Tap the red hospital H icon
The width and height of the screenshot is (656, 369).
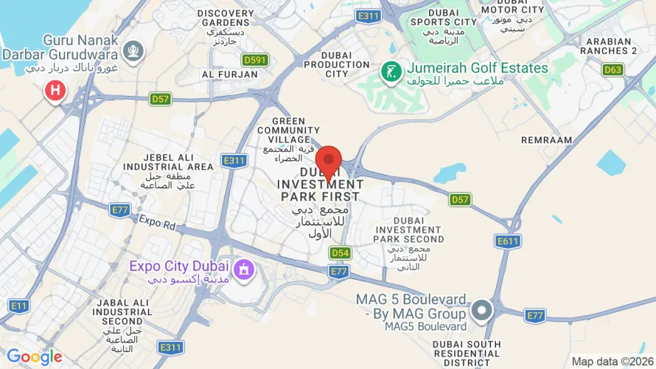(55, 92)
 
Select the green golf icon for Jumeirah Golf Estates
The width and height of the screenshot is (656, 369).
(391, 72)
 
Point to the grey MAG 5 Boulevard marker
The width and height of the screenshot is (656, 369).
(482, 311)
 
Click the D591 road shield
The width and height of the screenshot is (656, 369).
(255, 60)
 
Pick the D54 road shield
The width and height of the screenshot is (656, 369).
(340, 253)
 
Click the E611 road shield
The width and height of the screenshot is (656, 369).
(508, 241)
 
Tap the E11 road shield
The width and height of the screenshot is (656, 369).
(18, 305)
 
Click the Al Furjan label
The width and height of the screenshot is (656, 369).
(229, 75)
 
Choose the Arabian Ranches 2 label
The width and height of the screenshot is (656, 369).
(608, 46)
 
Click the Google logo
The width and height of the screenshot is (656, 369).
(35, 357)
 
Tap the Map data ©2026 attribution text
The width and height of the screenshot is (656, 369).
(611, 361)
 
